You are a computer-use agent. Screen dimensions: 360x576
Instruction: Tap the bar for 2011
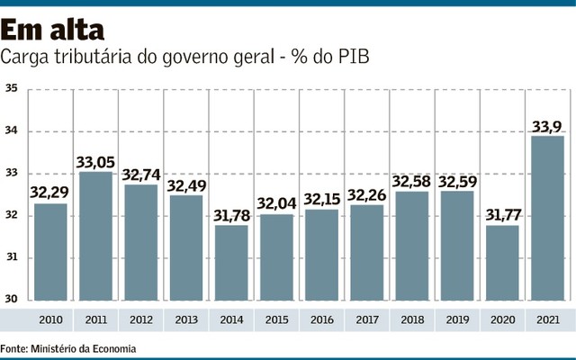point(96,236)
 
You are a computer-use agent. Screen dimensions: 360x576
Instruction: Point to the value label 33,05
point(96,162)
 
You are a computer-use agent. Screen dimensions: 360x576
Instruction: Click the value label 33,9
point(546,126)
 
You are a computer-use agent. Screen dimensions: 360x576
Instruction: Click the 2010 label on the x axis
point(51,319)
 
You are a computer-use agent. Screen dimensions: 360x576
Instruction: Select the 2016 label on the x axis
point(321,319)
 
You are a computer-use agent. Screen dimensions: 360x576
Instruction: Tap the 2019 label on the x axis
point(456,319)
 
